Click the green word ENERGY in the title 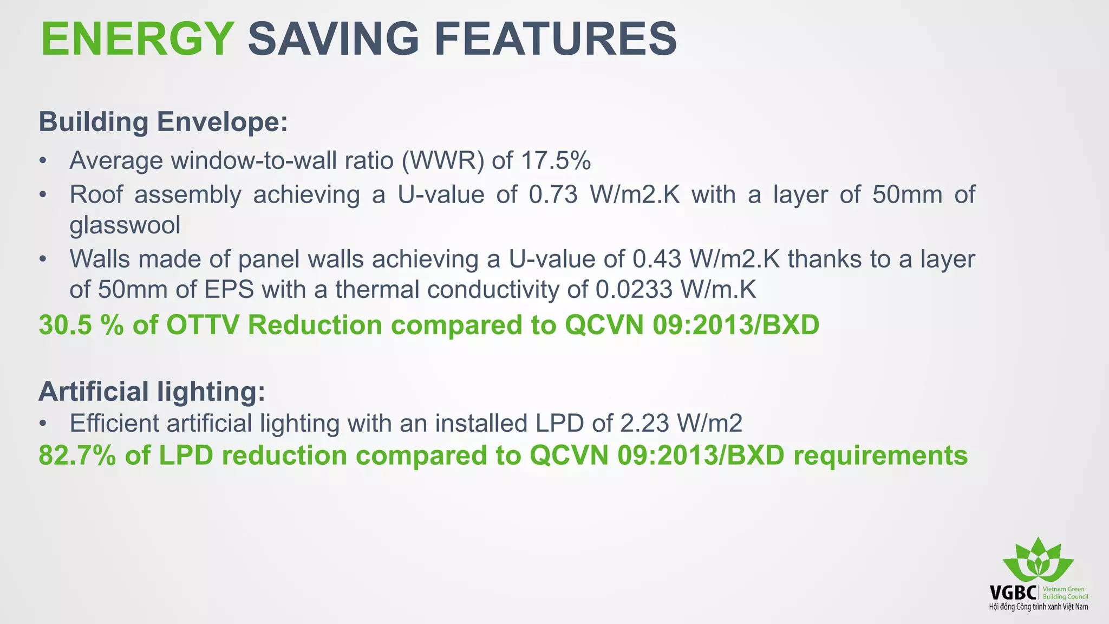tap(137, 39)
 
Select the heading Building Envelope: tap(163, 122)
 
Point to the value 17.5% tap(556, 161)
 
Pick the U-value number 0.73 tap(553, 194)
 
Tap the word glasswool tap(125, 225)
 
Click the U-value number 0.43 tap(656, 259)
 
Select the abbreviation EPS tap(229, 290)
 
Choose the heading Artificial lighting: tap(152, 391)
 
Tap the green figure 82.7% tap(77, 456)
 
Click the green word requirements tap(880, 456)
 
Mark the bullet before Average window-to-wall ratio tap(43, 161)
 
